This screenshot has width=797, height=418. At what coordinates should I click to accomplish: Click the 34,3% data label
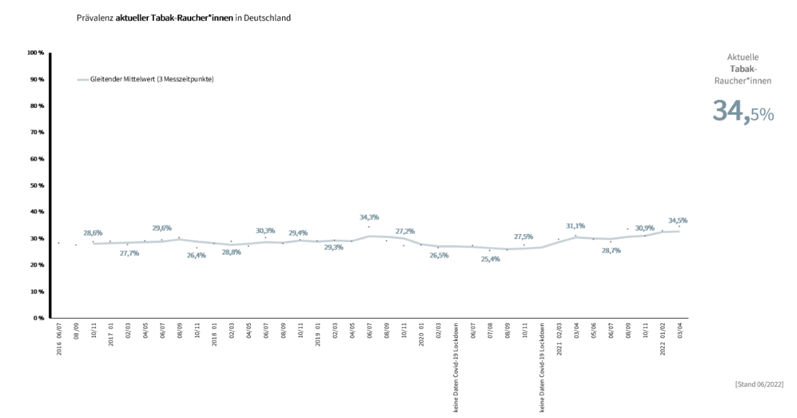368,217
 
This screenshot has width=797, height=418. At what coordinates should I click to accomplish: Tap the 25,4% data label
490,259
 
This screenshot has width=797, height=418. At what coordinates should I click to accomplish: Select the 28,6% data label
93,233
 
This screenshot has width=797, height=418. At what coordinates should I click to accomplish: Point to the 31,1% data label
576,226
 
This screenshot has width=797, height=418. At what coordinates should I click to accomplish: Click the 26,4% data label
197,256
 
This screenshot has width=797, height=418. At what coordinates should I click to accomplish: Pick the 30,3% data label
265,230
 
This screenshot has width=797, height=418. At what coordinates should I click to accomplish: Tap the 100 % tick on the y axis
36,53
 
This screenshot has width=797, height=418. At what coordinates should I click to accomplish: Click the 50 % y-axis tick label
37,186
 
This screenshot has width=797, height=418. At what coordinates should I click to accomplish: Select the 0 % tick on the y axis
39,318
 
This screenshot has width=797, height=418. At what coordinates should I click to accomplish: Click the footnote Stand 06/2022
758,384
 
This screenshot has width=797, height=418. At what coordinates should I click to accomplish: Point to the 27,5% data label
523,237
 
